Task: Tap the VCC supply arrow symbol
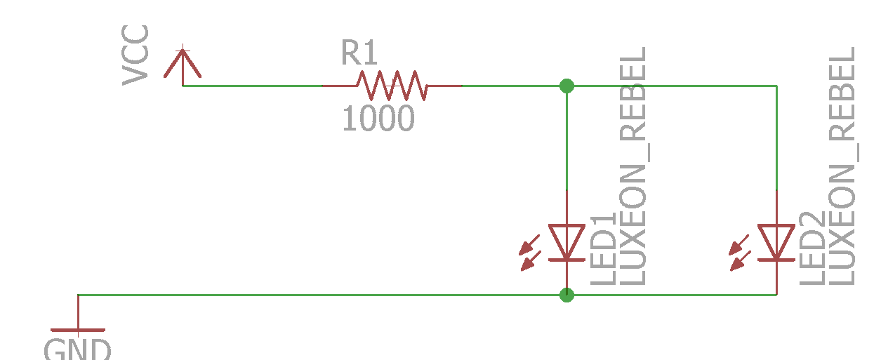click(183, 63)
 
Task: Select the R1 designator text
click(359, 53)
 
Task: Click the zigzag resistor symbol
click(391, 86)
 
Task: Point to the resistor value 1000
click(378, 119)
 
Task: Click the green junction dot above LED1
click(567, 86)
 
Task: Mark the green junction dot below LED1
click(567, 295)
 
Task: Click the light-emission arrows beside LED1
click(530, 253)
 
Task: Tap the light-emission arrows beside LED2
click(740, 253)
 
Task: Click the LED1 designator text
click(603, 249)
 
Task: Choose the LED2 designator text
click(812, 249)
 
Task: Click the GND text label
click(77, 349)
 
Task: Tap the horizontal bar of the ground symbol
click(77, 330)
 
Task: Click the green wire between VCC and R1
click(253, 86)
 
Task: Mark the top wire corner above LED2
click(776, 86)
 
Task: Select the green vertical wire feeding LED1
click(567, 140)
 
